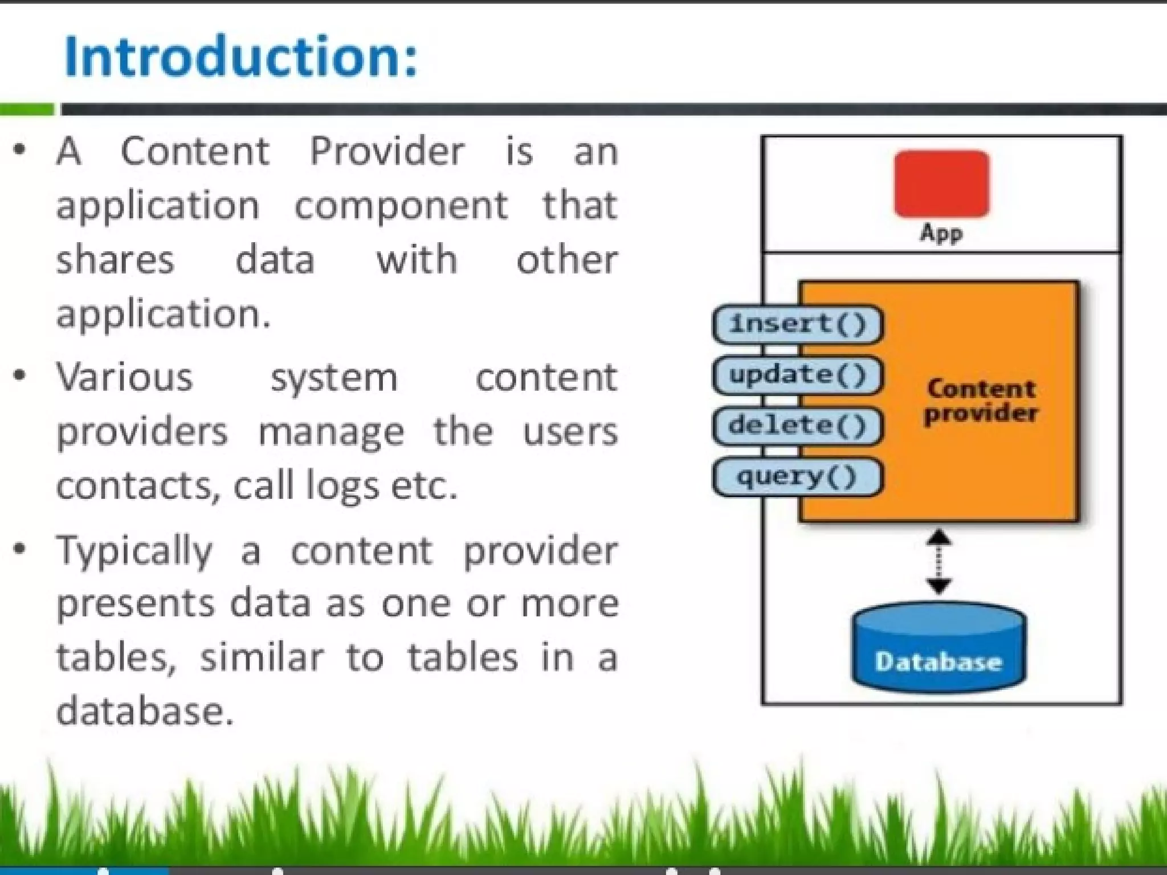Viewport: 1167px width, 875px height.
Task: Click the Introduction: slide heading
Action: tap(240, 56)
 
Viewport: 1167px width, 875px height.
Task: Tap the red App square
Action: tap(941, 183)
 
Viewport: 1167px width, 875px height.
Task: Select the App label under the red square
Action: tap(941, 233)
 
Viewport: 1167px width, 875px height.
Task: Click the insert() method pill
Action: tap(798, 324)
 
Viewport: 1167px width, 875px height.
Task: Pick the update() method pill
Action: tap(798, 375)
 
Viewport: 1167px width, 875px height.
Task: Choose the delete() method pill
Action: tap(798, 426)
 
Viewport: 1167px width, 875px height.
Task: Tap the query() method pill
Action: tap(798, 476)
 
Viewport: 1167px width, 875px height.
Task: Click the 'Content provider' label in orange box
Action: tap(981, 401)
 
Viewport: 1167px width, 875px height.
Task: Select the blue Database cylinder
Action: tap(939, 649)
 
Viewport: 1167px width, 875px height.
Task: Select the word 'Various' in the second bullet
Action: tap(125, 377)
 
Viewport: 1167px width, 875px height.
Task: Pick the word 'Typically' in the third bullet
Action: tap(134, 551)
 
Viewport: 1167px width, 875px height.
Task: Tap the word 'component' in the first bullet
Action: tap(401, 206)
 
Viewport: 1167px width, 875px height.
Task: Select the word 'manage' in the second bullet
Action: tap(331, 432)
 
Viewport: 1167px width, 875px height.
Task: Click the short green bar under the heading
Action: tap(27, 109)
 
